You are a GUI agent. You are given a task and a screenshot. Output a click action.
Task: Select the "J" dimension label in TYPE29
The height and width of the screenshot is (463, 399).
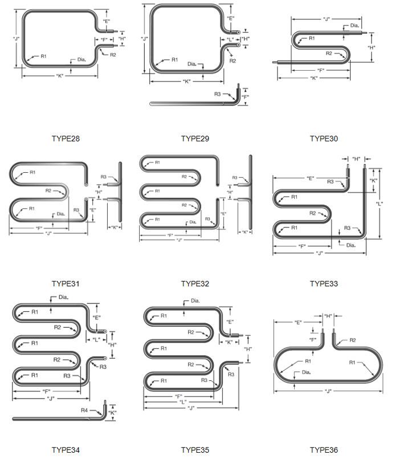pos(145,39)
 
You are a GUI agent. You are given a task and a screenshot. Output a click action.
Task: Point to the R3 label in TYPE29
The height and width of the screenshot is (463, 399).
pos(217,94)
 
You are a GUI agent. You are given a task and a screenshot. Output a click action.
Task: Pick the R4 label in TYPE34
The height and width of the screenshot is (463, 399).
pos(84,410)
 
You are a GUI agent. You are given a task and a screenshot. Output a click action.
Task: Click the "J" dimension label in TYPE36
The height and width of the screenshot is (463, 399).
pos(328,391)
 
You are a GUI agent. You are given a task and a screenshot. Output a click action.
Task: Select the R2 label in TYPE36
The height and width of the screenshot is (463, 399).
pos(352,340)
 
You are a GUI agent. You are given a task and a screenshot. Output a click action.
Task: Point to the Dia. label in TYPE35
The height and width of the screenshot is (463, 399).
pos(195,300)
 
